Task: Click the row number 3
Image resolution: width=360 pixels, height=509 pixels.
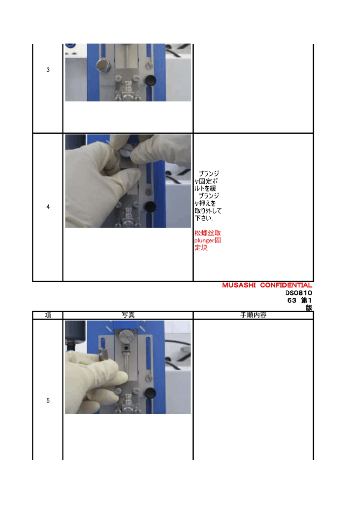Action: [48, 70]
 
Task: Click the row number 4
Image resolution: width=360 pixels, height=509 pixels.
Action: [48, 207]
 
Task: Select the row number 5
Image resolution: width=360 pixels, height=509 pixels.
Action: [48, 401]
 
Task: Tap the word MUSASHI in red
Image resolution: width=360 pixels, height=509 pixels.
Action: [239, 286]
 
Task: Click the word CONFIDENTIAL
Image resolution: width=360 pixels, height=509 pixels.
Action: [286, 286]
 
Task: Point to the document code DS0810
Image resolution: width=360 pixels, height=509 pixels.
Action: [299, 293]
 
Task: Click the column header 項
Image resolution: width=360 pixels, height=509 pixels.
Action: [48, 315]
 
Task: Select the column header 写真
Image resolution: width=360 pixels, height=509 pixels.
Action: [128, 315]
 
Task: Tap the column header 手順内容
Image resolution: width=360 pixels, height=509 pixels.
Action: [254, 315]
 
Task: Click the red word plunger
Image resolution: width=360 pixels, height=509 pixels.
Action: [205, 240]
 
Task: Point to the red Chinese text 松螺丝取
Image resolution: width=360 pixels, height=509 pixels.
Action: [208, 233]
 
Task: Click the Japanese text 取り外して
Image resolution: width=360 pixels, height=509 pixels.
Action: [208, 211]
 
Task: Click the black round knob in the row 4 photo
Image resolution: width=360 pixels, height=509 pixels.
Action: [150, 206]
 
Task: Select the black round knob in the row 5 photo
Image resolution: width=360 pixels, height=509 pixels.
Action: [150, 393]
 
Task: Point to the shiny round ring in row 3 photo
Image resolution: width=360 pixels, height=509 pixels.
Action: [103, 66]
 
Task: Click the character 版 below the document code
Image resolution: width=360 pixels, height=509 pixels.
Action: [309, 308]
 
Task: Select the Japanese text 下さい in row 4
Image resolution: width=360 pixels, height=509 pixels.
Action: [203, 218]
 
